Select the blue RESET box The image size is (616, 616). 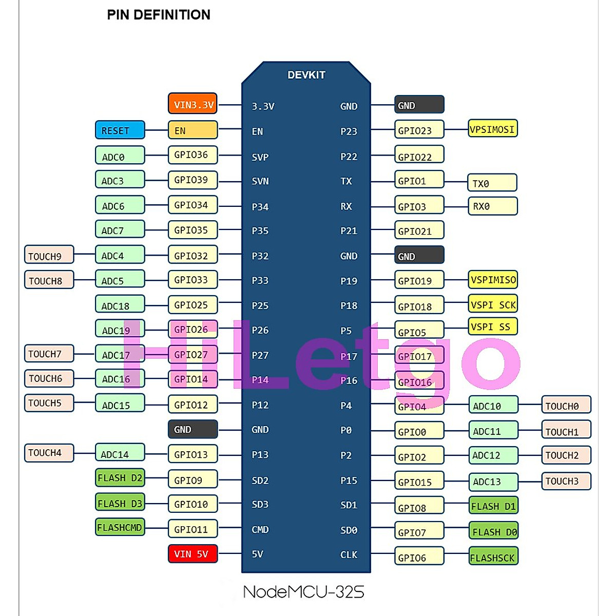click(x=120, y=130)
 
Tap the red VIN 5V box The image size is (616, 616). click(x=192, y=554)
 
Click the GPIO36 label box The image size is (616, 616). click(x=192, y=155)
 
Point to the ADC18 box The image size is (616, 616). click(x=120, y=305)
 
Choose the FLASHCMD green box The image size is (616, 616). click(x=120, y=527)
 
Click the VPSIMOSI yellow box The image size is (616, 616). click(x=492, y=129)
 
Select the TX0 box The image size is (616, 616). click(x=492, y=183)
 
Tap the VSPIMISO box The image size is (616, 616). click(x=492, y=280)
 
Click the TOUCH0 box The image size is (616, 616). click(x=566, y=405)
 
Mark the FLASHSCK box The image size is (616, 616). click(x=493, y=557)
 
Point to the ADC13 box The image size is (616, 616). click(x=493, y=482)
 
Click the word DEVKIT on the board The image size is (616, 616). click(x=306, y=75)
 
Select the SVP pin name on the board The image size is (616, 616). click(x=260, y=157)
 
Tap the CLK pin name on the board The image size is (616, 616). click(x=349, y=554)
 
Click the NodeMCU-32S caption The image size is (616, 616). click(x=303, y=592)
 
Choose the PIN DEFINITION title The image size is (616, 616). click(x=159, y=15)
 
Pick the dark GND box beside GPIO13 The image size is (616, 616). click(x=192, y=429)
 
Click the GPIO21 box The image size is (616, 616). click(x=419, y=230)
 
